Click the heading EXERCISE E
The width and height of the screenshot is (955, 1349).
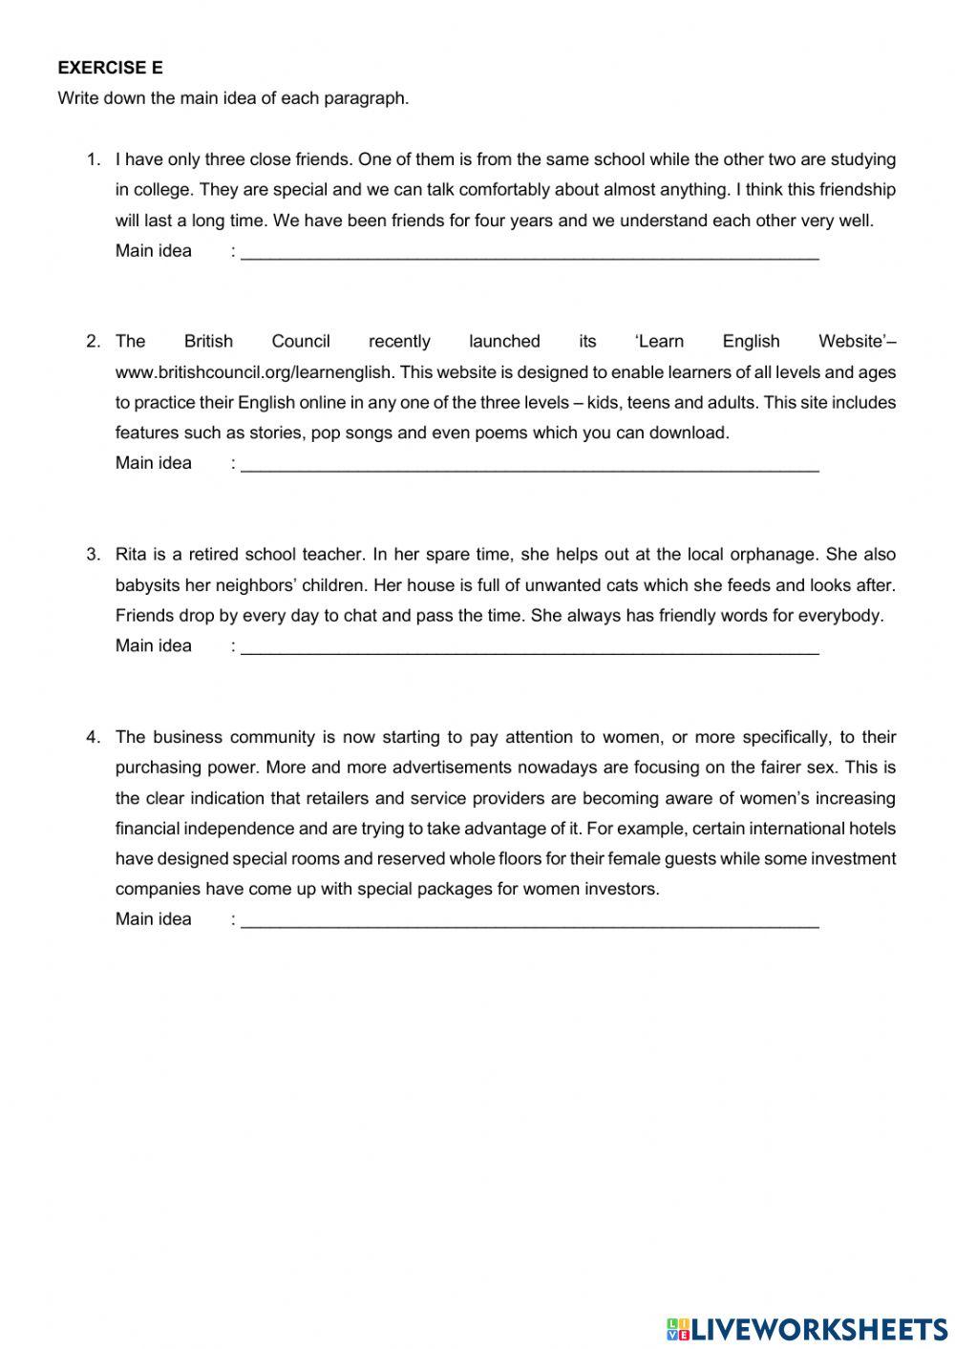click(110, 68)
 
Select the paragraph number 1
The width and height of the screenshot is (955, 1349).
click(93, 159)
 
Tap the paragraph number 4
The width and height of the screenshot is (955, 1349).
click(93, 737)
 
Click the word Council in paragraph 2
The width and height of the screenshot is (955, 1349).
click(301, 342)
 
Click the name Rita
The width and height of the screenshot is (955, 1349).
click(132, 555)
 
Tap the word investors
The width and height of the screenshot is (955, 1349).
click(618, 890)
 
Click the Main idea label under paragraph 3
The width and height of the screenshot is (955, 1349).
click(154, 646)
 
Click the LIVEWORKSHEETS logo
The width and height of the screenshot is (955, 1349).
click(807, 1328)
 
